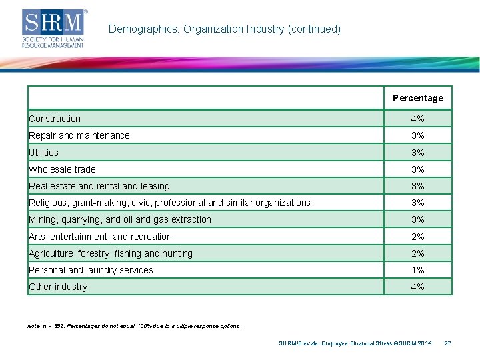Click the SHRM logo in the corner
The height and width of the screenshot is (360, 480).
click(53, 28)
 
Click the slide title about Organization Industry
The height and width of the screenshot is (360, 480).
click(224, 29)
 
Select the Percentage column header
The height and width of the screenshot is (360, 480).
click(417, 98)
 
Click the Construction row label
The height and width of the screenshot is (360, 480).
click(55, 119)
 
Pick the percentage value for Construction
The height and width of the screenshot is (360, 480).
click(417, 119)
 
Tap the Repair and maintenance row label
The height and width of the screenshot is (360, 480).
click(79, 135)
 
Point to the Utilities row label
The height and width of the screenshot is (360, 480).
click(43, 153)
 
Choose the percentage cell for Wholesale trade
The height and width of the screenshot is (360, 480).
click(417, 169)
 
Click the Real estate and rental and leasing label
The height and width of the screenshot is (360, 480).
click(99, 186)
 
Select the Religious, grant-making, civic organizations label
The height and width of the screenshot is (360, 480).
click(169, 203)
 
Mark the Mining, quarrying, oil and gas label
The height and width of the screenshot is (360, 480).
click(120, 219)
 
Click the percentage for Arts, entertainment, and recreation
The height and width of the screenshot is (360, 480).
click(417, 237)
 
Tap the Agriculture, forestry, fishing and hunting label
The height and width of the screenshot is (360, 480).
click(111, 253)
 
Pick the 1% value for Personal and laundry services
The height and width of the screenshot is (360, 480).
click(417, 270)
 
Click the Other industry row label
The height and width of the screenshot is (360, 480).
click(58, 287)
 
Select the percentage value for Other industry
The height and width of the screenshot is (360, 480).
click(417, 287)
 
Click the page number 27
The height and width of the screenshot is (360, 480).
click(447, 343)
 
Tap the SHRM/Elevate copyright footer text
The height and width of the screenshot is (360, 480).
click(355, 343)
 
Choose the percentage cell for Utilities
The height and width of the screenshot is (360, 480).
click(417, 153)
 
